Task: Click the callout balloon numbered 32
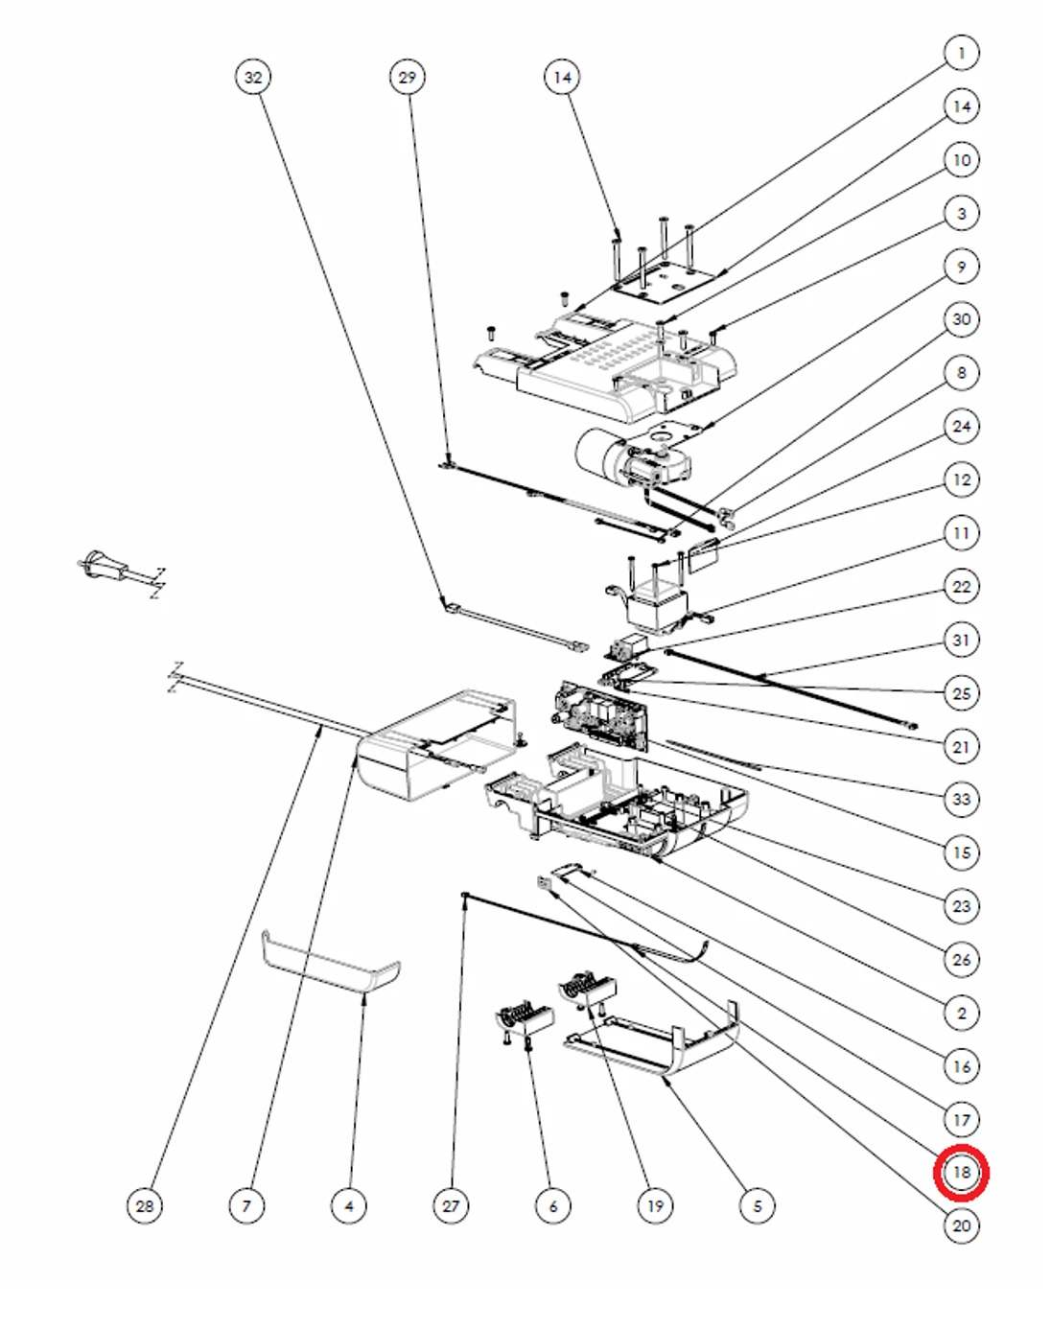pos(252,78)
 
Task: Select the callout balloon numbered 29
pos(408,78)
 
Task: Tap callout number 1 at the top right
pos(961,53)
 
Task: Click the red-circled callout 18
pos(961,1172)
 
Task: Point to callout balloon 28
pos(145,1205)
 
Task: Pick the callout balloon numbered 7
pos(246,1205)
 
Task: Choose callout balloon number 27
pos(451,1205)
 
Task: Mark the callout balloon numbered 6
pos(552,1205)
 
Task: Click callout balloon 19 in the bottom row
pos(655,1205)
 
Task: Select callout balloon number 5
pos(757,1205)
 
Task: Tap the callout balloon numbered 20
pos(961,1225)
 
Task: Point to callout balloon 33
pos(961,799)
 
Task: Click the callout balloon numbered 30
pos(961,319)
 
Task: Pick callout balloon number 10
pos(961,159)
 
